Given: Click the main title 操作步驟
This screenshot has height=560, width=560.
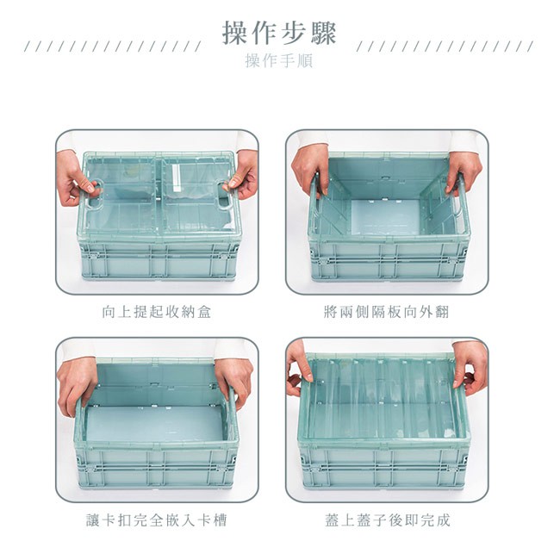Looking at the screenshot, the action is [x=279, y=34].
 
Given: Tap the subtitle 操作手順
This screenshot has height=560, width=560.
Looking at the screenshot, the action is [x=279, y=60].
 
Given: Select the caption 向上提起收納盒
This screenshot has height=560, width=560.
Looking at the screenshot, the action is [x=157, y=312].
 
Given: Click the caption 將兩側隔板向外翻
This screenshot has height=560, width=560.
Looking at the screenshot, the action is [x=386, y=312].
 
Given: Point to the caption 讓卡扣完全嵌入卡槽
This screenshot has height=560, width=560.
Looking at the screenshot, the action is [x=157, y=520].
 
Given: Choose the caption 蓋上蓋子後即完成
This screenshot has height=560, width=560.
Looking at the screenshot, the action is [x=388, y=520].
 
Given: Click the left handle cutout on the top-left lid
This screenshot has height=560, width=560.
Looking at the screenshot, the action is [x=94, y=195].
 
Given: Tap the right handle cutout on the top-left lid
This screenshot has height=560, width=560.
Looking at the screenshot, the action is [x=224, y=195].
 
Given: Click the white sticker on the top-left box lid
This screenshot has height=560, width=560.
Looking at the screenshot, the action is [x=177, y=177].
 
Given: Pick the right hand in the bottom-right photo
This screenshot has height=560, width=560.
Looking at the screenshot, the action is [x=470, y=368].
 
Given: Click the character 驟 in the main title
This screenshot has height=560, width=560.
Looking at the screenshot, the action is [x=324, y=34].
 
